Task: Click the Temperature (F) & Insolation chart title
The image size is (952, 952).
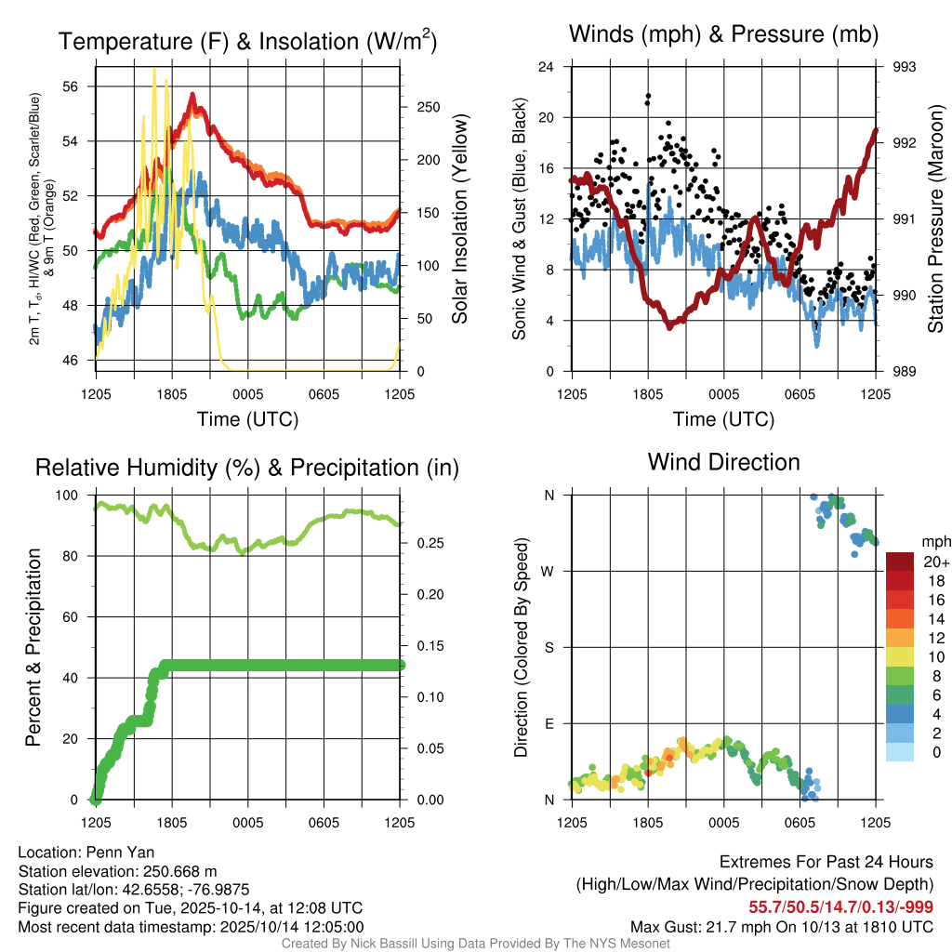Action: pyautogui.click(x=247, y=42)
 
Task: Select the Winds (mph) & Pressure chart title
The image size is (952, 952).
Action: pyautogui.click(x=723, y=35)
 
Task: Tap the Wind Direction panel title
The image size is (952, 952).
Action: pyautogui.click(x=723, y=462)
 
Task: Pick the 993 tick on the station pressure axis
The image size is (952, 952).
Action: pyautogui.click(x=904, y=67)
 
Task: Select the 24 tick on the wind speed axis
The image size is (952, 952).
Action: pyautogui.click(x=547, y=67)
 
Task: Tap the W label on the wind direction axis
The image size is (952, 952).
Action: pyautogui.click(x=549, y=571)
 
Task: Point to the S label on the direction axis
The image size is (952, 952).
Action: pyautogui.click(x=549, y=647)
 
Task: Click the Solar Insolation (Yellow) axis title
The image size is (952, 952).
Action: pyautogui.click(x=459, y=219)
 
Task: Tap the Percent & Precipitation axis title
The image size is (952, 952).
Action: pyautogui.click(x=33, y=647)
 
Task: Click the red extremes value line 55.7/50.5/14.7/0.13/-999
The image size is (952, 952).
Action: pyautogui.click(x=840, y=906)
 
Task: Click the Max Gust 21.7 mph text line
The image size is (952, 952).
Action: pyautogui.click(x=781, y=926)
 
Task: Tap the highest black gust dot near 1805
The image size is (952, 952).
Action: pyautogui.click(x=648, y=96)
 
